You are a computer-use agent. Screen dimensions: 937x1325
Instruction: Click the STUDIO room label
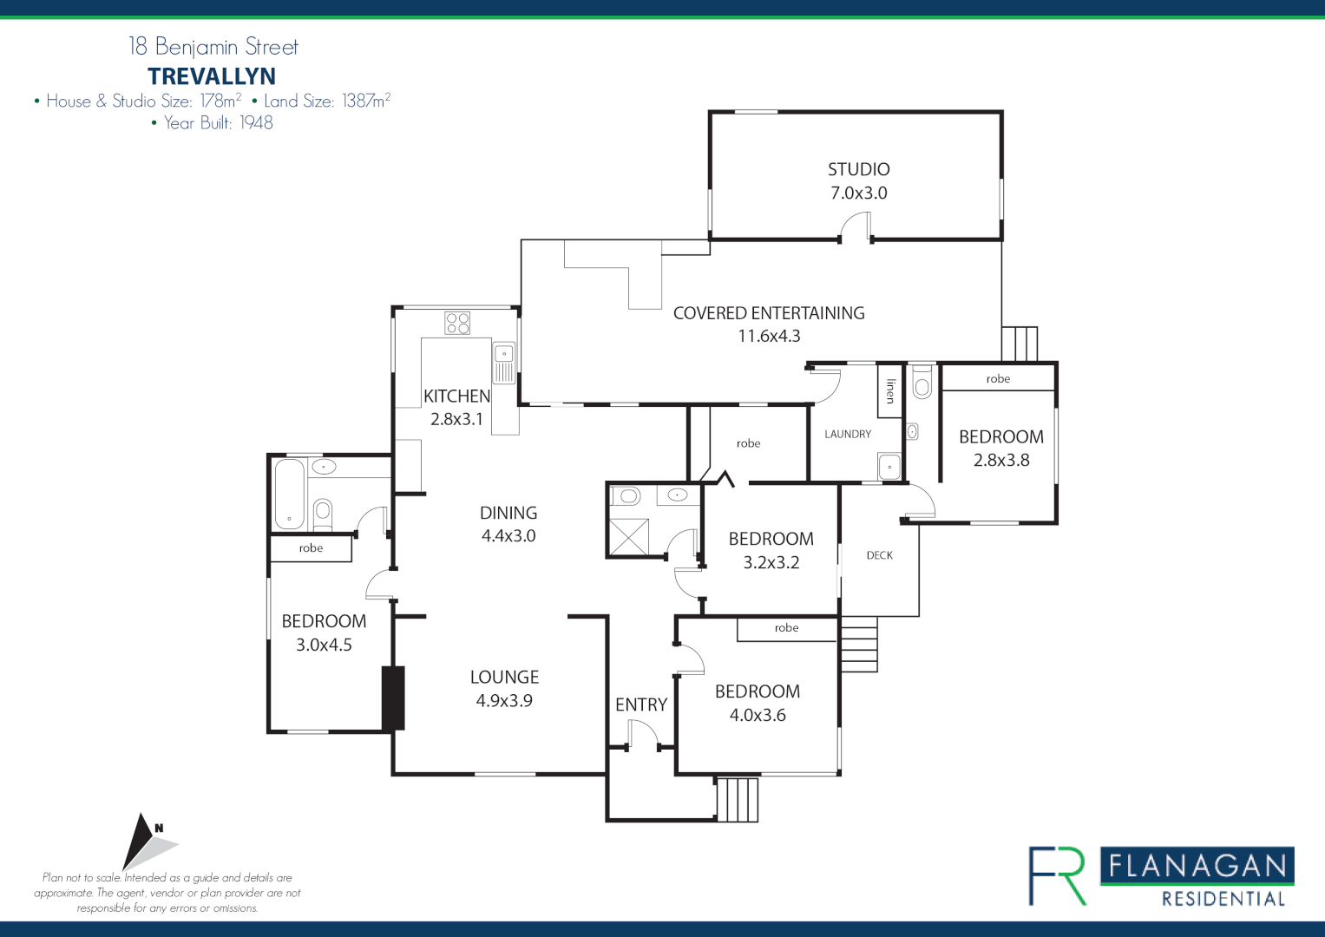click(858, 169)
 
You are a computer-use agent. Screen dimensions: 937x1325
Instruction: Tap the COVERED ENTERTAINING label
click(769, 313)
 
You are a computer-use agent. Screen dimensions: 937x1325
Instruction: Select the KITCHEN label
click(456, 396)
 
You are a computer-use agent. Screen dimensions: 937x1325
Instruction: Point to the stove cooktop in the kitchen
click(457, 323)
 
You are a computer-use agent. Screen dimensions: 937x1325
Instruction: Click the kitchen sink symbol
click(504, 355)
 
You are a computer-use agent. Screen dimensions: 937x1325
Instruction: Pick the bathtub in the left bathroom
click(290, 494)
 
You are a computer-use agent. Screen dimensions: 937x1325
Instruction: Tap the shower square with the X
click(629, 536)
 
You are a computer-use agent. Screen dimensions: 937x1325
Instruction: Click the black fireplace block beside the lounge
click(394, 698)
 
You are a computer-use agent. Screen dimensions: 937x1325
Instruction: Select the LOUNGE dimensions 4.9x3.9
click(504, 701)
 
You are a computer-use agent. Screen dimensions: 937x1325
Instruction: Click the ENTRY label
click(641, 705)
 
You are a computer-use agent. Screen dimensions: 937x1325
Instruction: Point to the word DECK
click(879, 555)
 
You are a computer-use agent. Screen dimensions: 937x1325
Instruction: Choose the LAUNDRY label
click(848, 434)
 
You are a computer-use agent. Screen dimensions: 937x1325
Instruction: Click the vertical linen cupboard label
click(890, 391)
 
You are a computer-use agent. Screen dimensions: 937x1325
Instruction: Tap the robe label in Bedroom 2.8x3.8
click(998, 379)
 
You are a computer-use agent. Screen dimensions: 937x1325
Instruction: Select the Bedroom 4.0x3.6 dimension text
click(758, 716)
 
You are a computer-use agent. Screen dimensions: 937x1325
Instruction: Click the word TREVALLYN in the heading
click(212, 76)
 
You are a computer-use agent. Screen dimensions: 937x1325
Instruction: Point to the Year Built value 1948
click(256, 123)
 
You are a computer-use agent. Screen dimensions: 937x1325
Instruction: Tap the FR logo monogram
click(1058, 875)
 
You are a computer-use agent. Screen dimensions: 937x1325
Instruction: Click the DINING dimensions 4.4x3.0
click(508, 536)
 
